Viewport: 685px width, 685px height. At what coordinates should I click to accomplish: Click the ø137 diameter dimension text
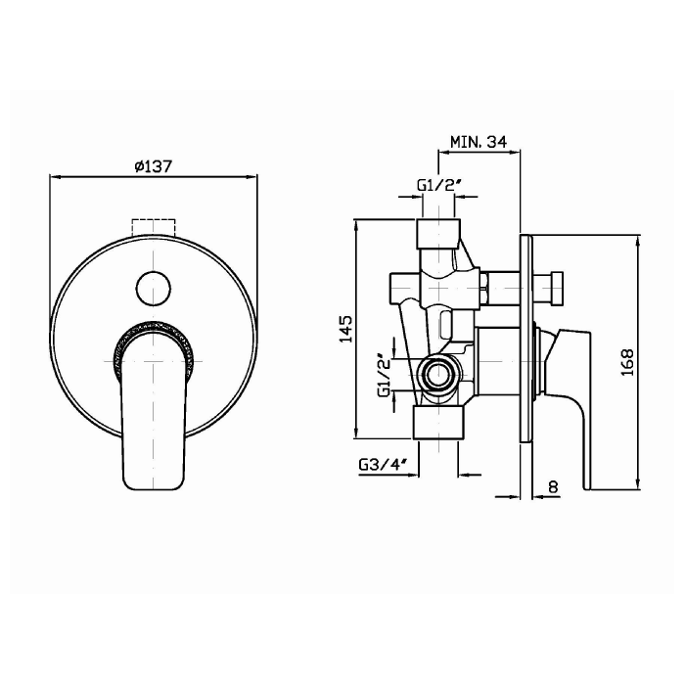(154, 166)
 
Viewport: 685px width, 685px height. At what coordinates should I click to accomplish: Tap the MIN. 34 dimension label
(479, 142)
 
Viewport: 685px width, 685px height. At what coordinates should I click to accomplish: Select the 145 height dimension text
(345, 329)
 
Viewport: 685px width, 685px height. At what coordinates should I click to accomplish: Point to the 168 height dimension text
(627, 362)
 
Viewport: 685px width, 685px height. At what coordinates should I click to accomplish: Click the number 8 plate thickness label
(553, 486)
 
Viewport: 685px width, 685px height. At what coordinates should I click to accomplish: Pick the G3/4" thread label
(384, 465)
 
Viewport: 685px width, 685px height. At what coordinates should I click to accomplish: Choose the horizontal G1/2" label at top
(439, 185)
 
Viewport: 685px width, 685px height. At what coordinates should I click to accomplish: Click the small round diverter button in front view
(154, 290)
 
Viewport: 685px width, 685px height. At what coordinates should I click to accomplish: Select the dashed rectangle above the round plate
(154, 228)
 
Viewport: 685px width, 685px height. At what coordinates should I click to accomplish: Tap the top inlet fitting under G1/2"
(439, 234)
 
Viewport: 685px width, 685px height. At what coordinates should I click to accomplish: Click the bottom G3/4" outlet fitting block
(438, 423)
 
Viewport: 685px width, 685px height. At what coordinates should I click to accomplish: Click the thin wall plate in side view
(526, 340)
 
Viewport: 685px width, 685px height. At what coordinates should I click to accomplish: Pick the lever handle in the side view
(567, 408)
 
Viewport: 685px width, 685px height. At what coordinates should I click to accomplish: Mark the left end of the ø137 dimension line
(50, 176)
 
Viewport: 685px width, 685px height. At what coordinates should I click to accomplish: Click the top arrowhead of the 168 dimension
(638, 239)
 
